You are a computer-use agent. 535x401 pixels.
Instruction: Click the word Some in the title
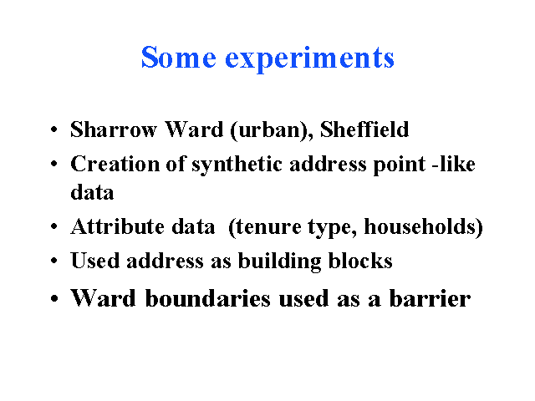coord(178,57)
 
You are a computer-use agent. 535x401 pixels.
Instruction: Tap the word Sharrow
coord(114,129)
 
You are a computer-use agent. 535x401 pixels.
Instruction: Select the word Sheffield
coord(364,129)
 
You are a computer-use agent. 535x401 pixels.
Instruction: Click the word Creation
coord(115,164)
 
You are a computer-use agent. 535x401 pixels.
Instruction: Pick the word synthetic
coord(237,165)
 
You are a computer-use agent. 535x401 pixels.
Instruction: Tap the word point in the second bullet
coord(400,165)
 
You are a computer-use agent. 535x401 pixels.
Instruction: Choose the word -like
coord(453,164)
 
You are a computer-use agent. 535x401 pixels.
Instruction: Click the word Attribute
coord(117,226)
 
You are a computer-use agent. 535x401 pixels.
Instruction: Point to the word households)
coord(424,226)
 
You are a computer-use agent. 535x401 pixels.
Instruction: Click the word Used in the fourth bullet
coord(94,261)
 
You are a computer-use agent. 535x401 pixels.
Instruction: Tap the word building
coord(279,261)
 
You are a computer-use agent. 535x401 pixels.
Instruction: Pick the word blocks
coord(360,261)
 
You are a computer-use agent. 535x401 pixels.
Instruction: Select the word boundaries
coord(208,298)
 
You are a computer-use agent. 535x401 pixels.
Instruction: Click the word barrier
coord(430,298)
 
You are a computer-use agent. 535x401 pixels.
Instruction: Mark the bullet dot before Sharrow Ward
coord(53,129)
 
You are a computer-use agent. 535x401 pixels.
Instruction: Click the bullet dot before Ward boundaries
coord(53,299)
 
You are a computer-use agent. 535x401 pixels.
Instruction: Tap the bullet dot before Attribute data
coord(53,226)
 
